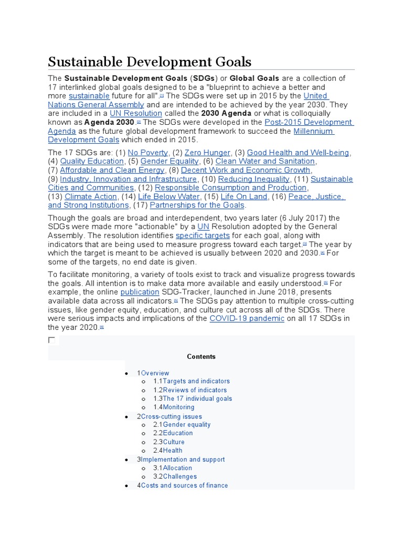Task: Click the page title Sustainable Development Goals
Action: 150,61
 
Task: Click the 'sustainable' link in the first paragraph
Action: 89,96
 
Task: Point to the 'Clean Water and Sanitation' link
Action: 265,162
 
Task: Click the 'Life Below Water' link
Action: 169,197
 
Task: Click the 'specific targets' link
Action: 203,236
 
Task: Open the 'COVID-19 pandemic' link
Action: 247,319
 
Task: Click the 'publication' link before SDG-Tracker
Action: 140,292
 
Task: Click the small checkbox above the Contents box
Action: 51,340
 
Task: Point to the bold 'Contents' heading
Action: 201,357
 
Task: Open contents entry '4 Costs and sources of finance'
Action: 183,486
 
